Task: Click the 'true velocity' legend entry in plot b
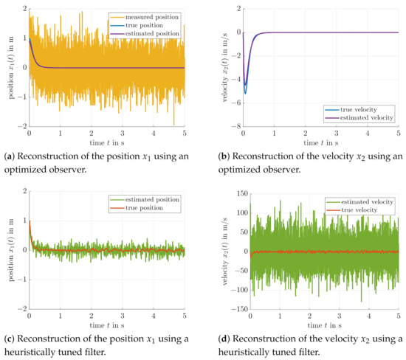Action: (366, 109)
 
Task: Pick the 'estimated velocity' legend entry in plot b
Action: (366, 117)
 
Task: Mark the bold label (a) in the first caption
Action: (11, 152)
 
